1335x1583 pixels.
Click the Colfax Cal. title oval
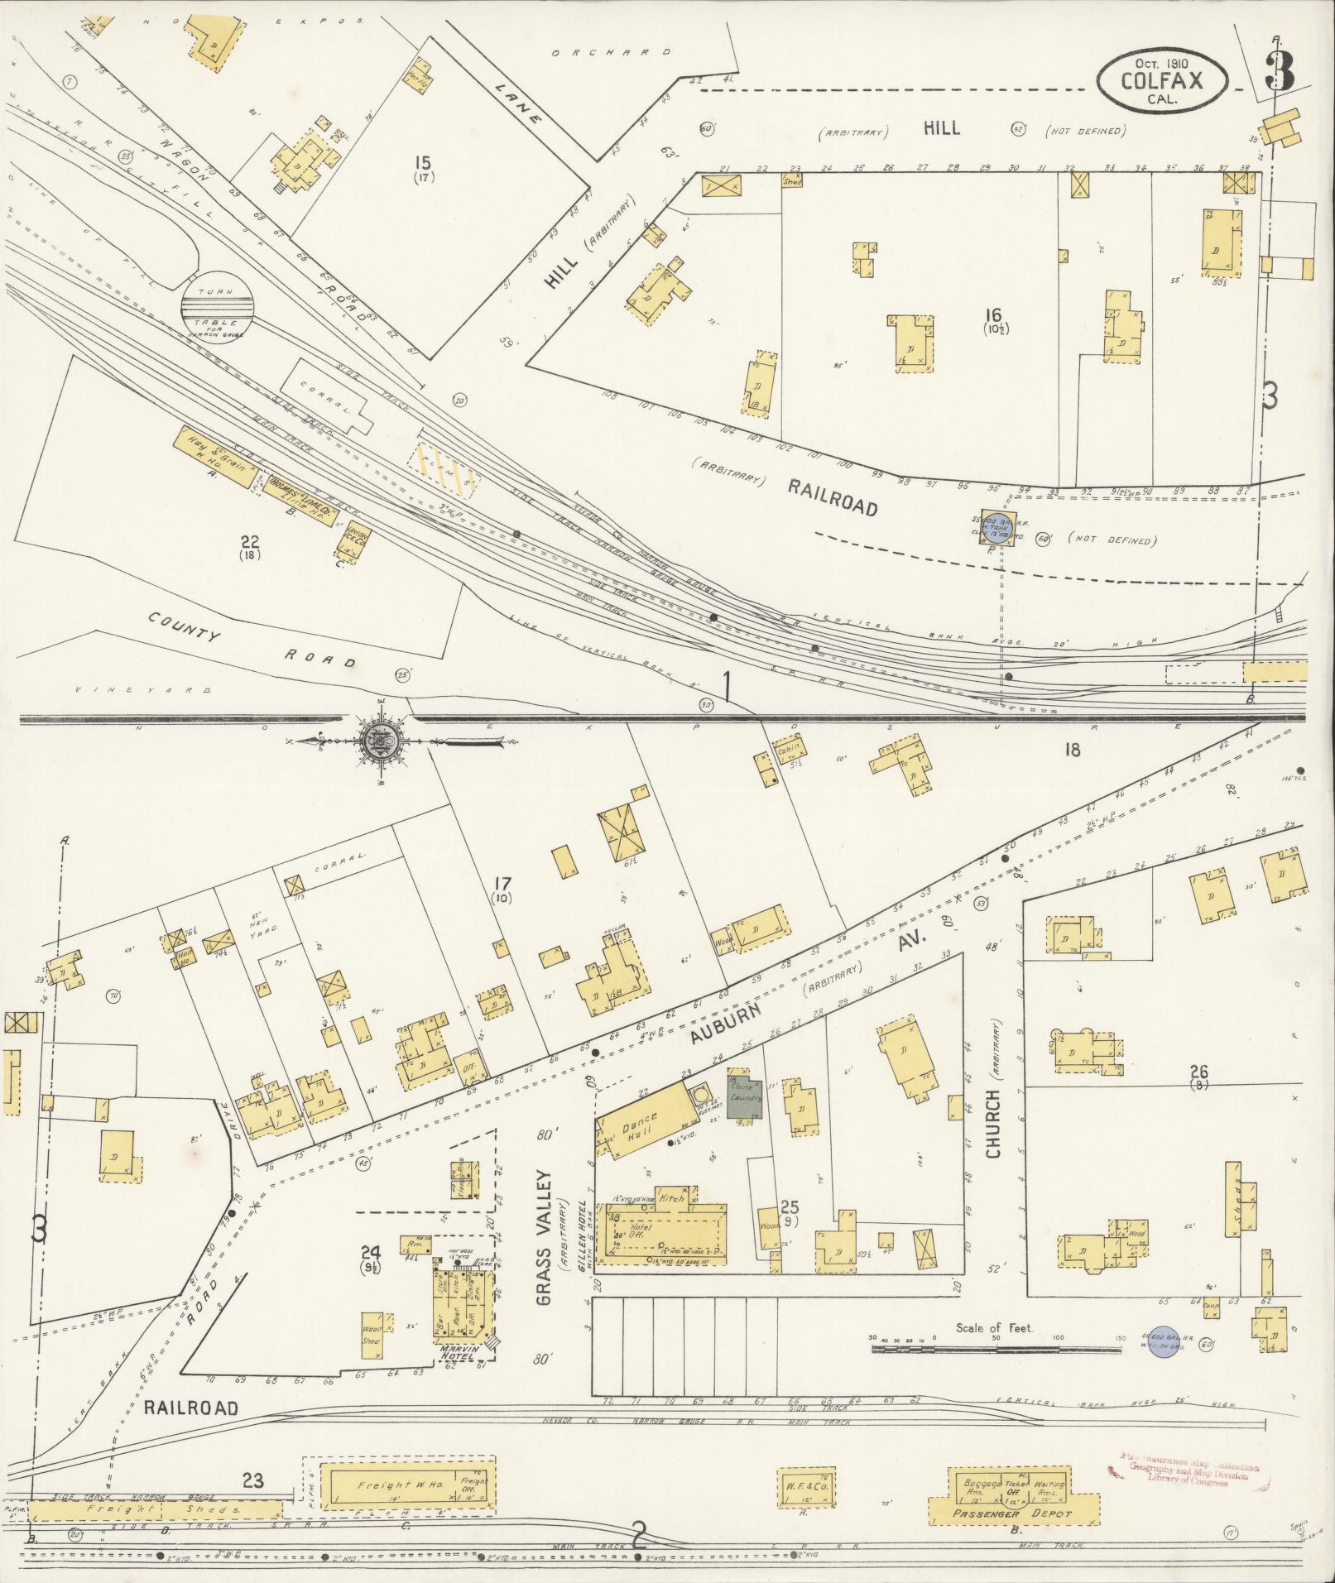1162,81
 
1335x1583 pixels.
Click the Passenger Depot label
1011,1514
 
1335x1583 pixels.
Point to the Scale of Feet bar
993,1349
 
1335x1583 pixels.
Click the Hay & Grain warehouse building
214,456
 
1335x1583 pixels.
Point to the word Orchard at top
612,52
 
